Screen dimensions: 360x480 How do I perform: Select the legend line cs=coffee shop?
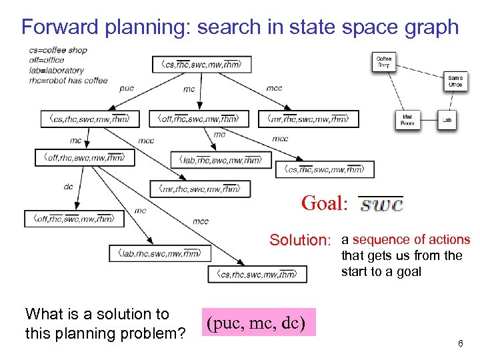(x=58, y=50)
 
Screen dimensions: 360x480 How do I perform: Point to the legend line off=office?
(x=47, y=60)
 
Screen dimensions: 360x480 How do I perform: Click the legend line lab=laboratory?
(x=57, y=70)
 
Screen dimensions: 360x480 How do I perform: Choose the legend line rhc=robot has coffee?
(x=68, y=81)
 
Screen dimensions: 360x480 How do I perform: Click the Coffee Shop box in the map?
(x=384, y=62)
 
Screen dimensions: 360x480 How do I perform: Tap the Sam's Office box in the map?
(x=455, y=81)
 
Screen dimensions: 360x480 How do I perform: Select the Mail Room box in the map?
(x=407, y=120)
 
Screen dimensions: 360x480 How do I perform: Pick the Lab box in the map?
(x=447, y=121)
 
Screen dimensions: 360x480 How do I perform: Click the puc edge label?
(x=127, y=88)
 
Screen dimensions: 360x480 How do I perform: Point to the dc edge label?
(x=68, y=187)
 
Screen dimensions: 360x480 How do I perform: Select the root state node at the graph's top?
(x=201, y=65)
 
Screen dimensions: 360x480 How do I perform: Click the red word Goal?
(x=325, y=203)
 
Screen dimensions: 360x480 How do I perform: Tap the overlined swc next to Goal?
(x=381, y=204)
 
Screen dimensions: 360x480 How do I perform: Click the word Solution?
(x=300, y=240)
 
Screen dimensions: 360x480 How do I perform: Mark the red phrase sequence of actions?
(x=411, y=239)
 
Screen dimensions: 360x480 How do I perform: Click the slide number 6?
(x=460, y=343)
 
